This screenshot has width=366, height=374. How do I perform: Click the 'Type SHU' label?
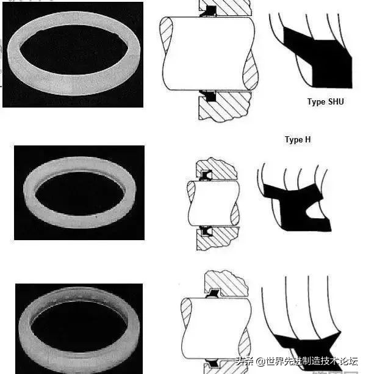[x=326, y=102]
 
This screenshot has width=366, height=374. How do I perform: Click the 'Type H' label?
[x=298, y=139]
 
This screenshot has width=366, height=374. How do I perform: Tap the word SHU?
[x=336, y=101]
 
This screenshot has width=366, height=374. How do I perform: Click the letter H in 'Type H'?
[x=308, y=139]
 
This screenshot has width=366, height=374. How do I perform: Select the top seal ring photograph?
[x=73, y=54]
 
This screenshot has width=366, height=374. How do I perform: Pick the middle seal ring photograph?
[x=79, y=193]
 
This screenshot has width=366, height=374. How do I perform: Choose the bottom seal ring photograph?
[x=79, y=329]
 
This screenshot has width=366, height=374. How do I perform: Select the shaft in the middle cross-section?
[x=213, y=203]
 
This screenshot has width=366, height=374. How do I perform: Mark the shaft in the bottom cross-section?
[x=216, y=328]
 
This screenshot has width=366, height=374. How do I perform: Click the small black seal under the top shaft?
[x=210, y=96]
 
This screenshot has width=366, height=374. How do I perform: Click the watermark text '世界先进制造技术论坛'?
[x=312, y=361]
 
